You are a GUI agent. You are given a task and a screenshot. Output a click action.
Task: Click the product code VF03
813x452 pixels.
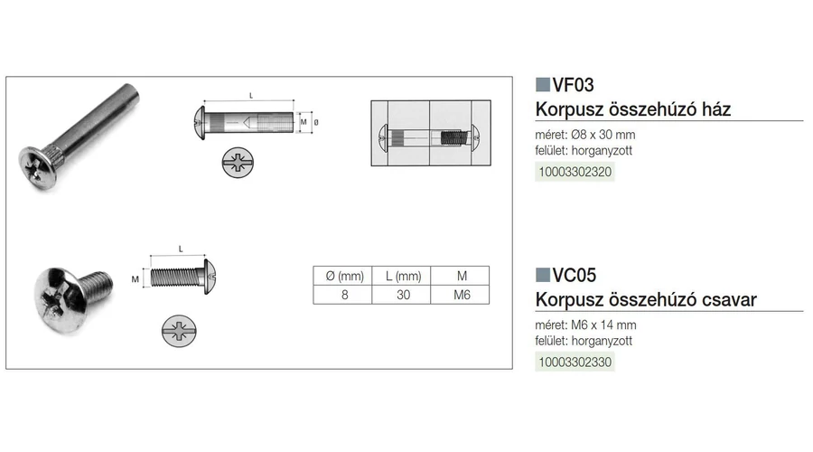coord(573,85)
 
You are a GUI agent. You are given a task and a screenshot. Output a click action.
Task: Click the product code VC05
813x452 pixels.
coord(574,275)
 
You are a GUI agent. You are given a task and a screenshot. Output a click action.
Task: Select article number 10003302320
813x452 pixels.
coord(575,172)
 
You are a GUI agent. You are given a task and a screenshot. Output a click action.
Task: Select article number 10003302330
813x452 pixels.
coord(575,363)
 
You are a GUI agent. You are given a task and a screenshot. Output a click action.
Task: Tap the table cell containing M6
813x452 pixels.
coord(461,295)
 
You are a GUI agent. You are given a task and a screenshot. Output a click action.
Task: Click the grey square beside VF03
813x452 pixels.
coord(542,85)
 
